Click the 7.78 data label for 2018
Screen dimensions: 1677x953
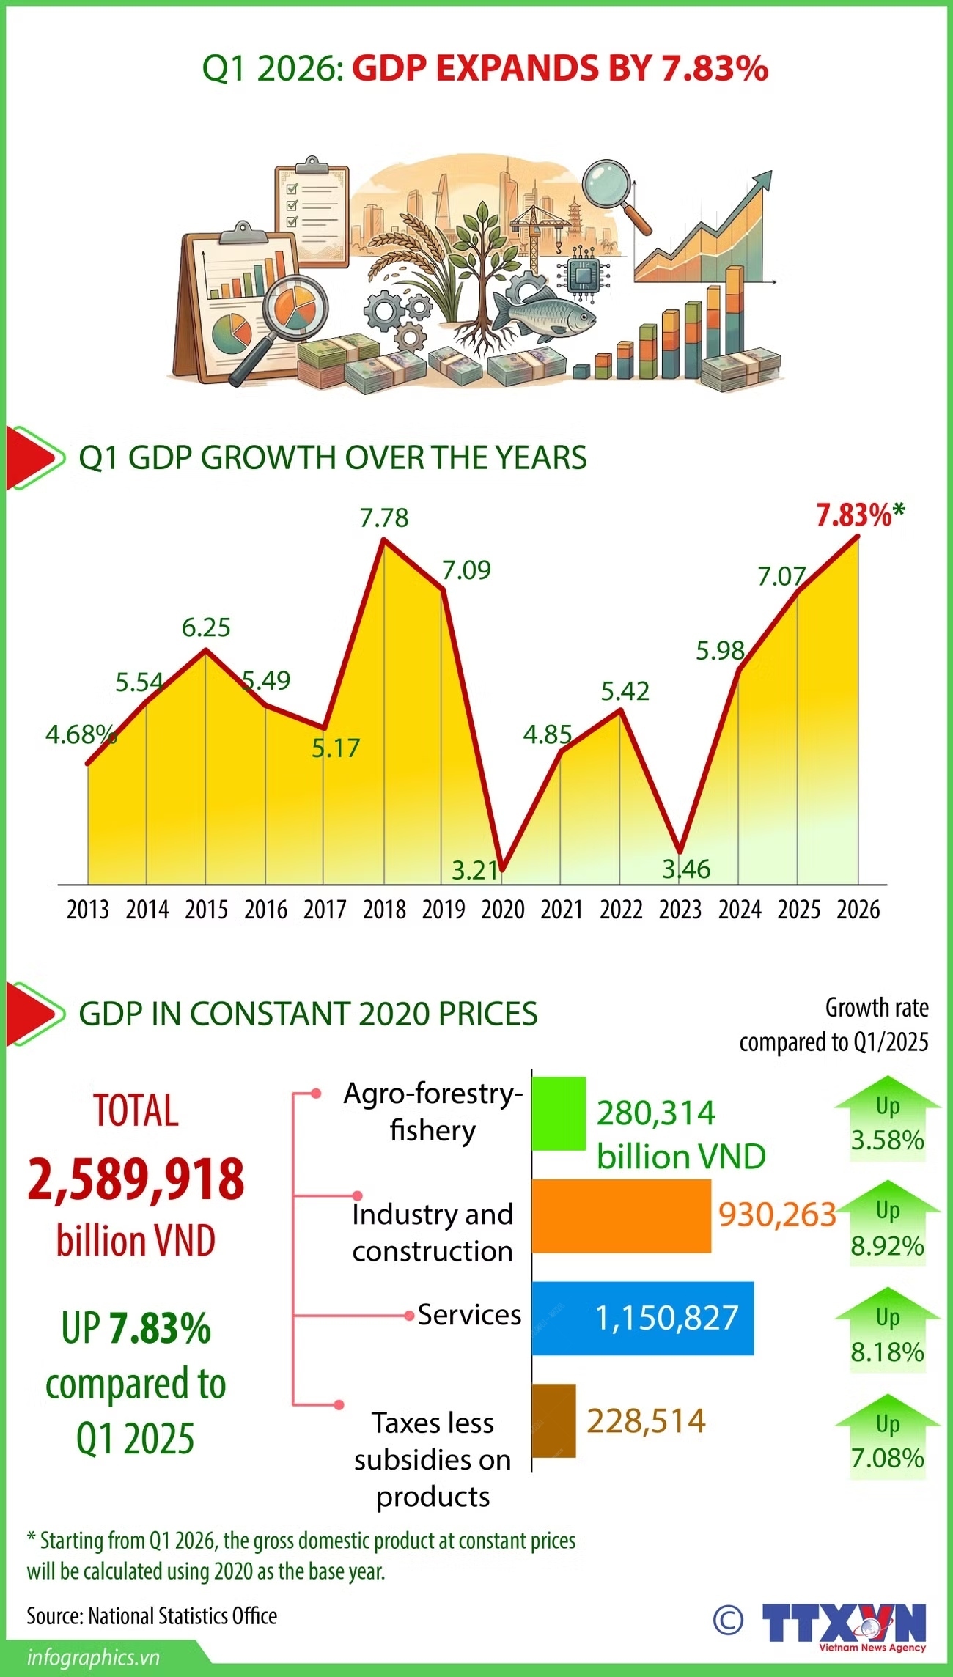(x=384, y=517)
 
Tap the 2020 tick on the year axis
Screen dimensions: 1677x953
(x=503, y=910)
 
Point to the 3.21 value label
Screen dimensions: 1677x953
(x=475, y=870)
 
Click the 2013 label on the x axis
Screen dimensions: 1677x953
(x=88, y=910)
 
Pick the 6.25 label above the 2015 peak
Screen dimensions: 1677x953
(x=206, y=627)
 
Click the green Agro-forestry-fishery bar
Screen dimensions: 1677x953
(x=559, y=1113)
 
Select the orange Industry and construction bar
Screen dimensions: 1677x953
(x=621, y=1216)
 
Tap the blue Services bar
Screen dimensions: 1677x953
(x=642, y=1318)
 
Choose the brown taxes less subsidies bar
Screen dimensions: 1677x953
(x=553, y=1420)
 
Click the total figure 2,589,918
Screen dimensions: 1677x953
(x=136, y=1179)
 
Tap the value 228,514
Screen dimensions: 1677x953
(x=646, y=1420)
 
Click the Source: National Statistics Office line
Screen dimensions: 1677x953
(x=152, y=1615)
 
